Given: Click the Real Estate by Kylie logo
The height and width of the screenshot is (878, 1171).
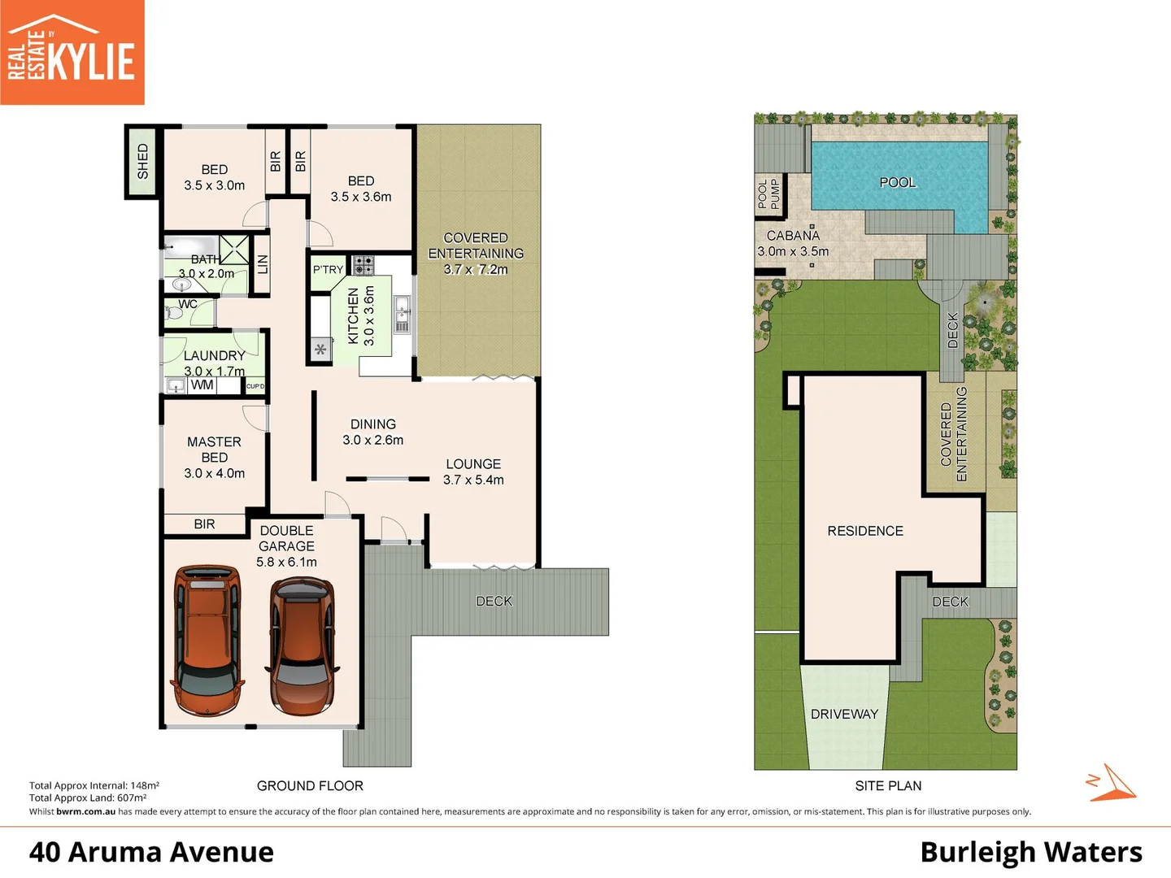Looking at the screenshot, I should pos(72,53).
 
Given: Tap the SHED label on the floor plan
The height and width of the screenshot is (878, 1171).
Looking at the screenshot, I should pos(143,161).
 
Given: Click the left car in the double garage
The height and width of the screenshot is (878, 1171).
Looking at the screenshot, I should pos(207,637).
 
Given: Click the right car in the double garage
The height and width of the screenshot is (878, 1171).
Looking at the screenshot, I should pos(302,645).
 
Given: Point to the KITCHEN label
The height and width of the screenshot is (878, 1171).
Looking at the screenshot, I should pos(354,316).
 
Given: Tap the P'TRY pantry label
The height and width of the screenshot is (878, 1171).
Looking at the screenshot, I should pos(328,270).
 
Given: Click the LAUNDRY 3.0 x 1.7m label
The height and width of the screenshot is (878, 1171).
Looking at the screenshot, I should pos(214,363).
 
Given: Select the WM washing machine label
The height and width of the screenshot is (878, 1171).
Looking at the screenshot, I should pos(202,385).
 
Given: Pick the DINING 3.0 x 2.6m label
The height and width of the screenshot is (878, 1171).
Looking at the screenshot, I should pos(372,432).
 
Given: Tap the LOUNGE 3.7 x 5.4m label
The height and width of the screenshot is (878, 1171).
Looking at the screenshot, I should pos(473,472).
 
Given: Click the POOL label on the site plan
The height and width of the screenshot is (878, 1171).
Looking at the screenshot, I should pos(897,182).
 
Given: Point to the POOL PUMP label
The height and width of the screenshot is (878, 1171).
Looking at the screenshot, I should pos(768,193).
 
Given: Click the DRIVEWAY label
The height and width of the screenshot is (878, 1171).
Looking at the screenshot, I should pos(844,714).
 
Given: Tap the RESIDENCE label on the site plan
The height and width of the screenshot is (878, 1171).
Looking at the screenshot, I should pos(865,531).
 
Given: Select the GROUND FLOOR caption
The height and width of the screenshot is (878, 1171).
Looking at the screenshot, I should pos(310,785).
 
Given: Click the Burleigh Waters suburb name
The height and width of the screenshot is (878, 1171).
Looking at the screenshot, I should pos(1030,852).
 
